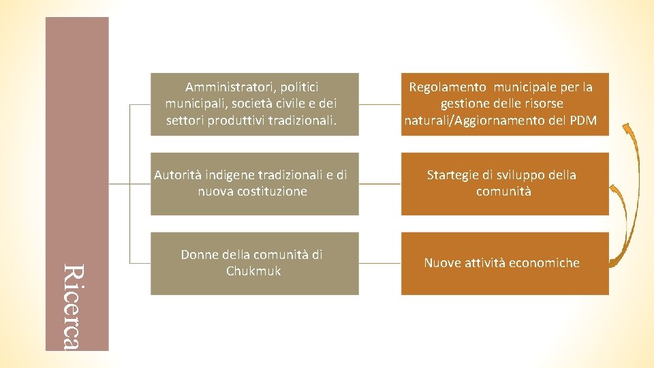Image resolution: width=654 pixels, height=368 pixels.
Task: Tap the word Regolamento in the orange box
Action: coord(448,87)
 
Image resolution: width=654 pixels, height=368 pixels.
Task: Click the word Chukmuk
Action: coord(253,271)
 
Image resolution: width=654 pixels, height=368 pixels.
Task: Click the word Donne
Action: coord(200,255)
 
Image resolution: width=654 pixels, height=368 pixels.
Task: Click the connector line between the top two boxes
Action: coord(379,104)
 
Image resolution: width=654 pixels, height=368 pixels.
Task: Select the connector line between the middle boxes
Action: coord(379,184)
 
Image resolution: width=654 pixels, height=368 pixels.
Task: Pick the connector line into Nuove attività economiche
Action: coord(379,263)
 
